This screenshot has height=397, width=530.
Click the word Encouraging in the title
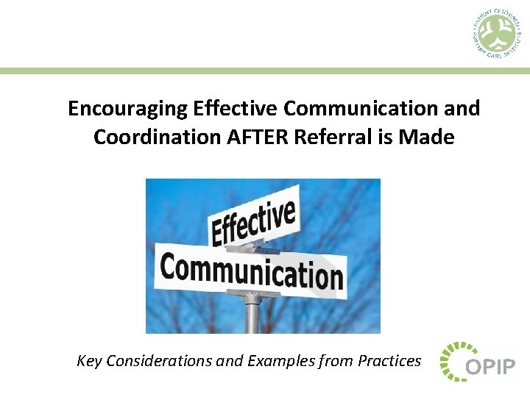(127, 109)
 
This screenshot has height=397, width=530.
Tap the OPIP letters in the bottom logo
(490, 366)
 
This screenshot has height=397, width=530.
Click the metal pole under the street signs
(252, 314)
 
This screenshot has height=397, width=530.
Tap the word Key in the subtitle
(90, 361)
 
